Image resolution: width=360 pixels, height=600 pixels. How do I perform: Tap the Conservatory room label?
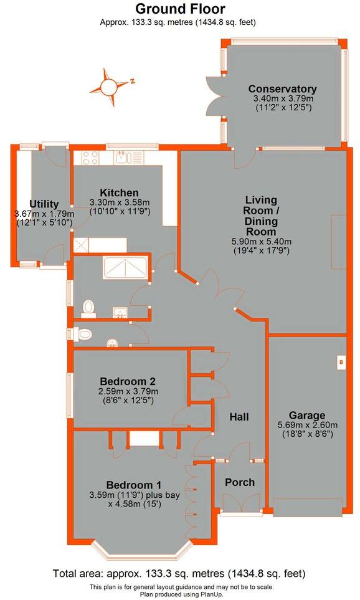[x=282, y=89]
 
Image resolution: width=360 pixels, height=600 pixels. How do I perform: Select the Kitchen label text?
[x=118, y=193]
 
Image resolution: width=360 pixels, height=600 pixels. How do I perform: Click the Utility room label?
[x=44, y=204]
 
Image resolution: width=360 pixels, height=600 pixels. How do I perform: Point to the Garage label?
[x=306, y=416]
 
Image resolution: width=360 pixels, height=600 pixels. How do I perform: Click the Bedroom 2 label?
[x=126, y=382]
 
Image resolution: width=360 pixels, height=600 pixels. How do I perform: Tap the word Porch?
[x=239, y=482]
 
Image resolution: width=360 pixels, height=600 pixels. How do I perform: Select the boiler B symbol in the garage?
[x=341, y=362]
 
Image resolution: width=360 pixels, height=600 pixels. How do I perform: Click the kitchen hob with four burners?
[x=86, y=157]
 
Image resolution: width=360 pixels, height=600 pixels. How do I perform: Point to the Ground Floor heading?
[x=180, y=9]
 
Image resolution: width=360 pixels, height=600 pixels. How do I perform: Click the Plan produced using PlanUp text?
[x=180, y=594]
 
